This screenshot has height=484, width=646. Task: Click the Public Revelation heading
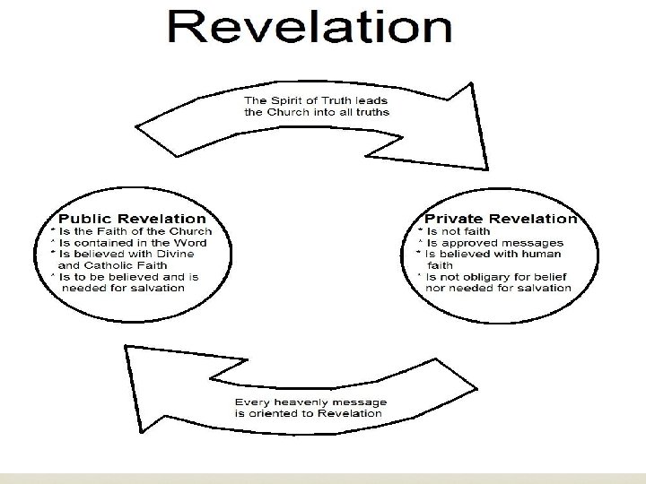pyautogui.click(x=132, y=219)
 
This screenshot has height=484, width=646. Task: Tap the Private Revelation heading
pyautogui.click(x=501, y=219)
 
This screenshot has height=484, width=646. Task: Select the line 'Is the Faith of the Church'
pyautogui.click(x=135, y=231)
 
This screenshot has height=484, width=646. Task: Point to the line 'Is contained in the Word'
pyautogui.click(x=133, y=243)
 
